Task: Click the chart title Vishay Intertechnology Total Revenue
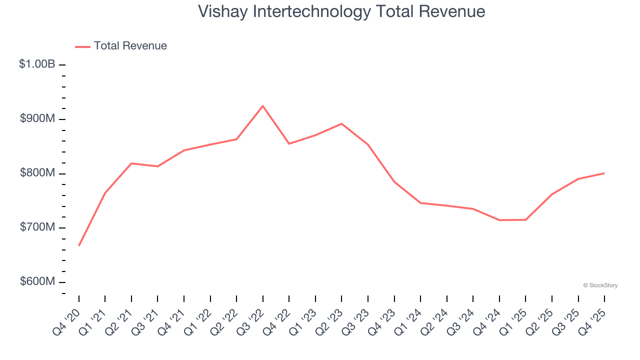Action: point(341,11)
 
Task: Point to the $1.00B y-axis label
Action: point(37,64)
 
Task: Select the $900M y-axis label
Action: point(37,118)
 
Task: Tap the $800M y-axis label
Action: point(37,173)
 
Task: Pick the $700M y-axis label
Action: point(37,227)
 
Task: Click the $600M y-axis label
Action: point(37,281)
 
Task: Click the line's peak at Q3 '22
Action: point(263,106)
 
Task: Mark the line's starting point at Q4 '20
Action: point(79,245)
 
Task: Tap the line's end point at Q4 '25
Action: point(604,173)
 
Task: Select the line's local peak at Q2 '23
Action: point(341,123)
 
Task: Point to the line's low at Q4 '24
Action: point(499,220)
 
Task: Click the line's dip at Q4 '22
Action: point(289,144)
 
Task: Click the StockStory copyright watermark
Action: point(600,285)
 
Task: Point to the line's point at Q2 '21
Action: point(131,163)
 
